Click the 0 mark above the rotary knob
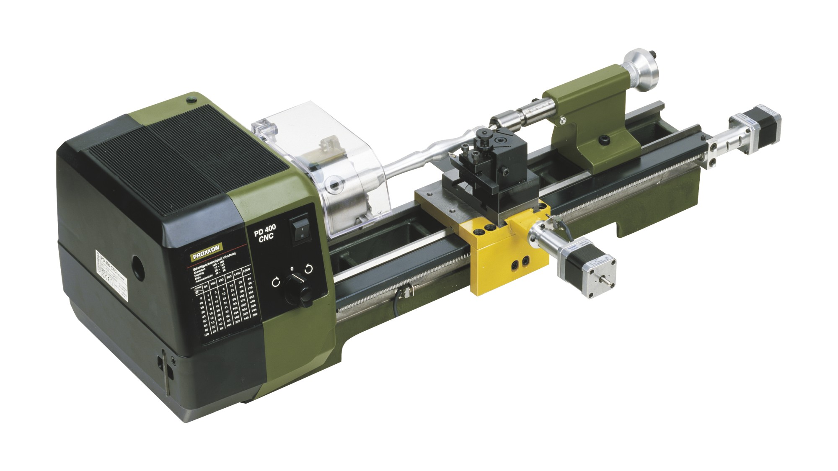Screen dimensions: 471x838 292,268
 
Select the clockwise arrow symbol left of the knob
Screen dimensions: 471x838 276,282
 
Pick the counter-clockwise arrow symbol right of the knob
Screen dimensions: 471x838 308,269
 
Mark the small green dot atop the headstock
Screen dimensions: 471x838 191,99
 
